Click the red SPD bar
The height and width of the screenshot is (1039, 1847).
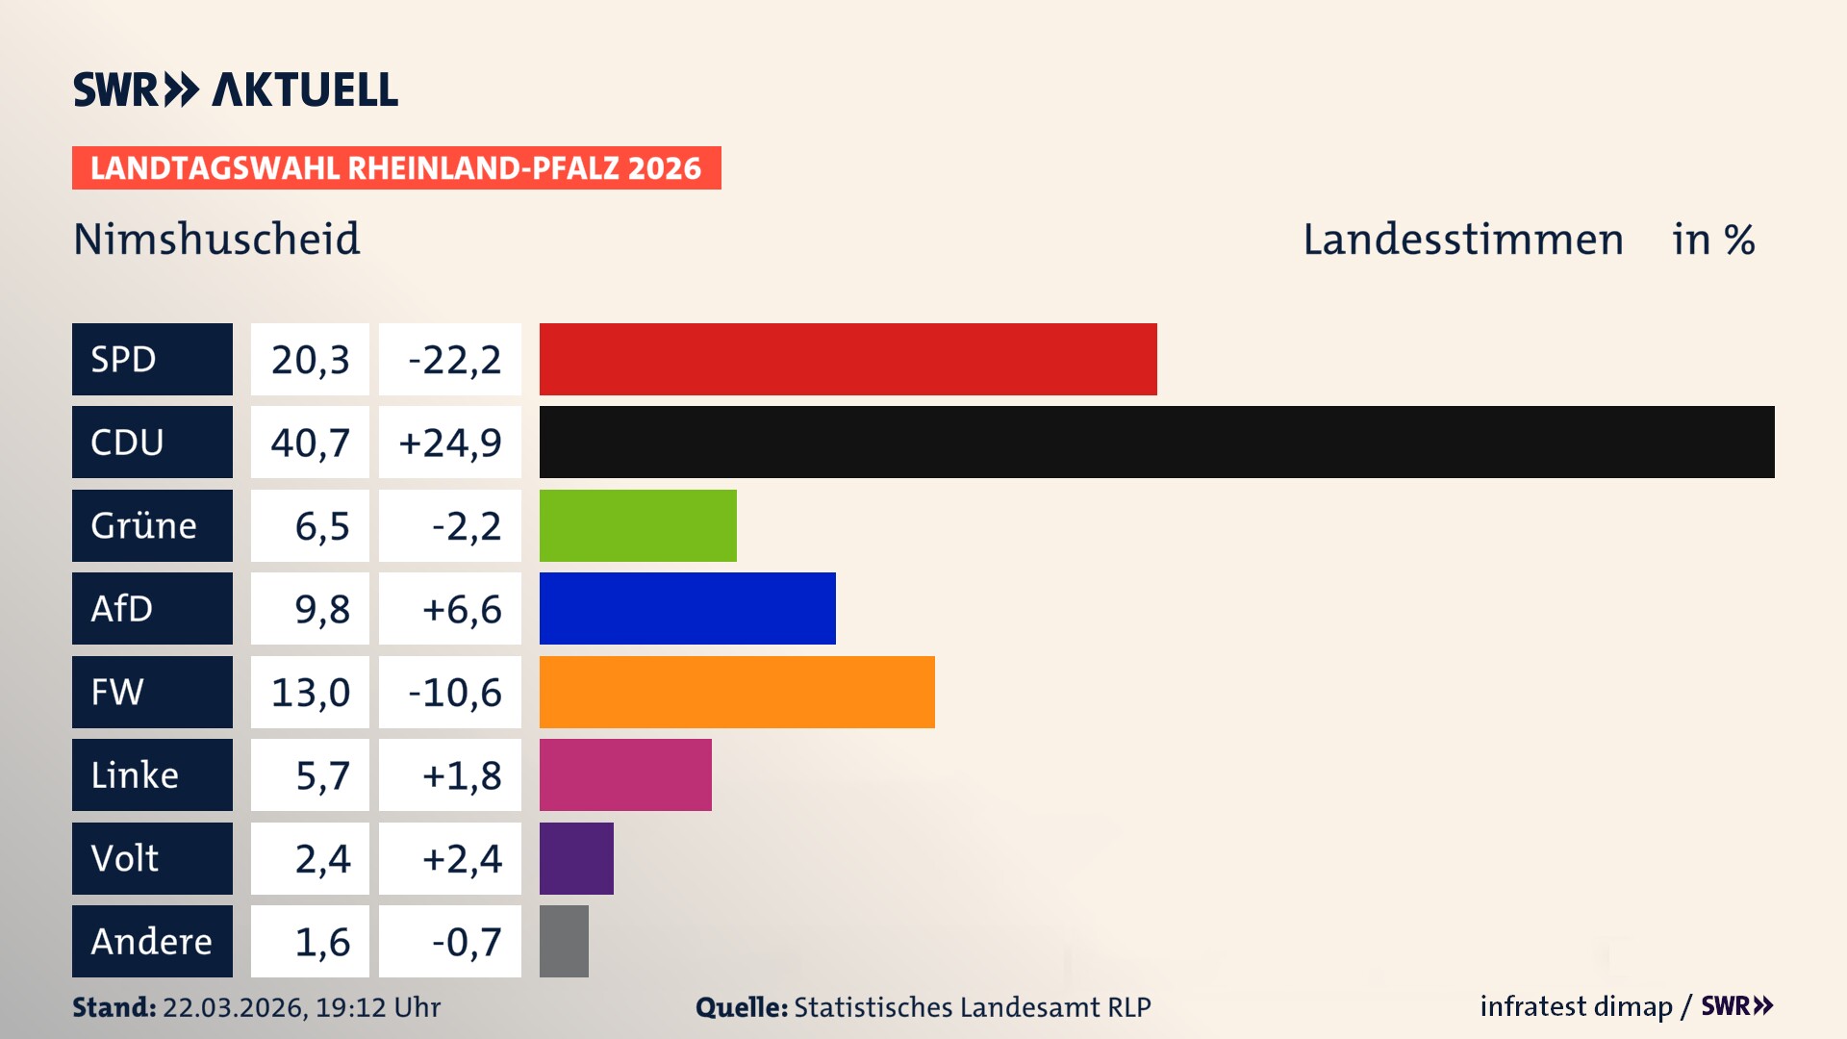coord(848,359)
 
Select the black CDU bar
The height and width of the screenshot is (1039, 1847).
coord(1156,442)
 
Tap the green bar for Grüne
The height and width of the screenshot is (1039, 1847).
coord(638,525)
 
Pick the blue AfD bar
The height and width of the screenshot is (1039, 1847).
coord(687,608)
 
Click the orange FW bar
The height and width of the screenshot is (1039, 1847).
coord(737,692)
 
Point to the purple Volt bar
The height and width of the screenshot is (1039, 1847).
coord(576,858)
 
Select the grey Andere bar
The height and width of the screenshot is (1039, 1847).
coord(564,941)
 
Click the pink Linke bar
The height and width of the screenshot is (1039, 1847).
coord(625,774)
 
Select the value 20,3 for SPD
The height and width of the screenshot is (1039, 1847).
coord(310,359)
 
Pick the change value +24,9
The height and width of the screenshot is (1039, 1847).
coord(449,442)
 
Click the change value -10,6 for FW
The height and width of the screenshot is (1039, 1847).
coord(454,692)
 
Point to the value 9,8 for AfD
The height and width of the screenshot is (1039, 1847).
coord(321,608)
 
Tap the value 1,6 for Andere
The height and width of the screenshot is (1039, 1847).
coord(321,941)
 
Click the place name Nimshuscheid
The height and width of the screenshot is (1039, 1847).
coord(216,239)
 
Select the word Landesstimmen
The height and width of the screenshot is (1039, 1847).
coord(1462,239)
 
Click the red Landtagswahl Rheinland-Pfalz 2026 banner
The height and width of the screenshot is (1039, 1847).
coord(395,167)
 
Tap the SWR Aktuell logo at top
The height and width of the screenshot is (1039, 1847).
coord(235,89)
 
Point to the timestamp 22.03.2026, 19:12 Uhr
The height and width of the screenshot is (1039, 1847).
coord(301,1007)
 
